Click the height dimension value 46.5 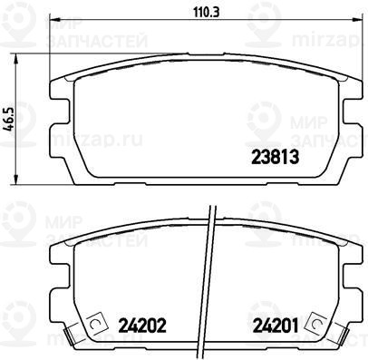tap(10, 120)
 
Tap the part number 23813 tap(276, 158)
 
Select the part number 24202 tap(142, 326)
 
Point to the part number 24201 tap(276, 326)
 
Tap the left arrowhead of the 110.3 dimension tap(53, 20)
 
